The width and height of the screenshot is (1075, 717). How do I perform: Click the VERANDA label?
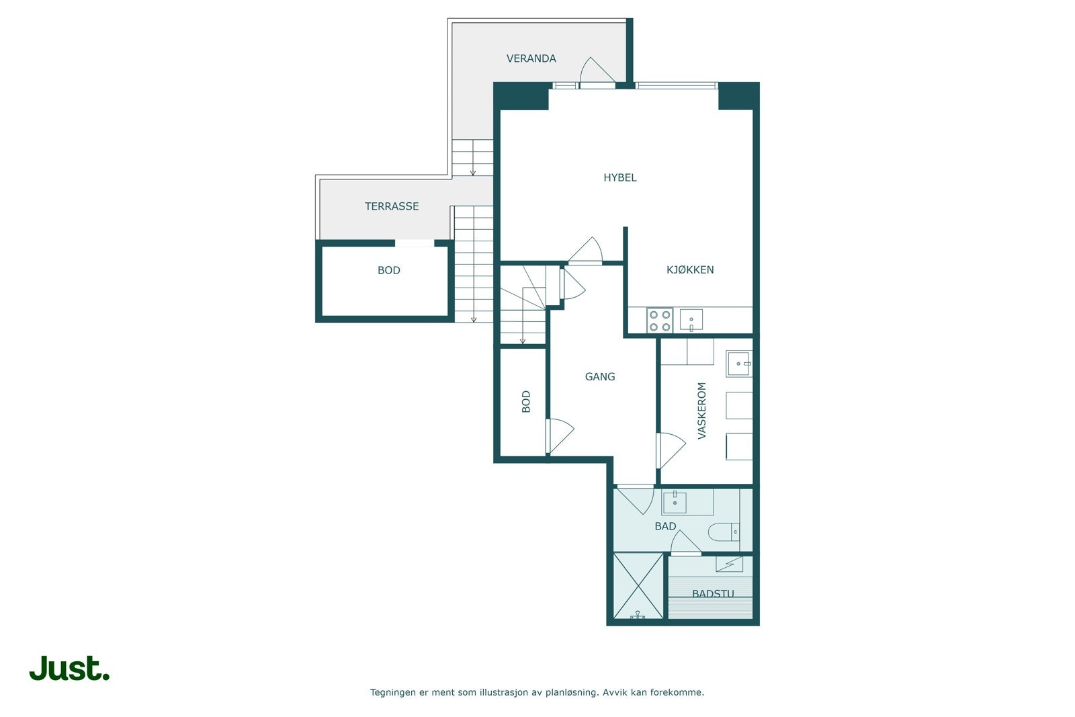click(x=531, y=58)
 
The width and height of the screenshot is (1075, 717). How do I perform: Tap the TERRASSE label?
click(x=392, y=206)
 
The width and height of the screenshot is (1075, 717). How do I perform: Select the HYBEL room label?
click(x=620, y=177)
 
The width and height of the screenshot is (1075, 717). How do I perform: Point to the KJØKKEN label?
click(x=689, y=269)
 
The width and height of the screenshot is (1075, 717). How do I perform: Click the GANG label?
click(x=600, y=377)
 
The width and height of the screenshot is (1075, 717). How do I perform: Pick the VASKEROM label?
click(x=701, y=411)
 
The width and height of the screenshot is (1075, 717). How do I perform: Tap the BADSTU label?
click(x=713, y=593)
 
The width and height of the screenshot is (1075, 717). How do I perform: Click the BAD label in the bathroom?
click(x=665, y=526)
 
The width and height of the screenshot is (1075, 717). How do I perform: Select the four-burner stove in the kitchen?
click(x=659, y=321)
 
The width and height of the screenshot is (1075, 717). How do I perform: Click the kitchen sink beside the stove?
click(x=691, y=320)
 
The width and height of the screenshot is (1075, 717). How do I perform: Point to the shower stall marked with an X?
click(x=638, y=586)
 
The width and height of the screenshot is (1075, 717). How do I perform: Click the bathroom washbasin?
click(x=675, y=503)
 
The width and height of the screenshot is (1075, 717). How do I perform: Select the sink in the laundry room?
click(x=739, y=364)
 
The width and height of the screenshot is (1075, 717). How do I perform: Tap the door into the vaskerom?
click(x=671, y=450)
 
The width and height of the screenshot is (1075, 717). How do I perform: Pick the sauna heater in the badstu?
click(x=730, y=564)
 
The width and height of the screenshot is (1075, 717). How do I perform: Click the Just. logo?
click(x=70, y=668)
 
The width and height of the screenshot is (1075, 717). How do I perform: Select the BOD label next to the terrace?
click(x=389, y=271)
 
